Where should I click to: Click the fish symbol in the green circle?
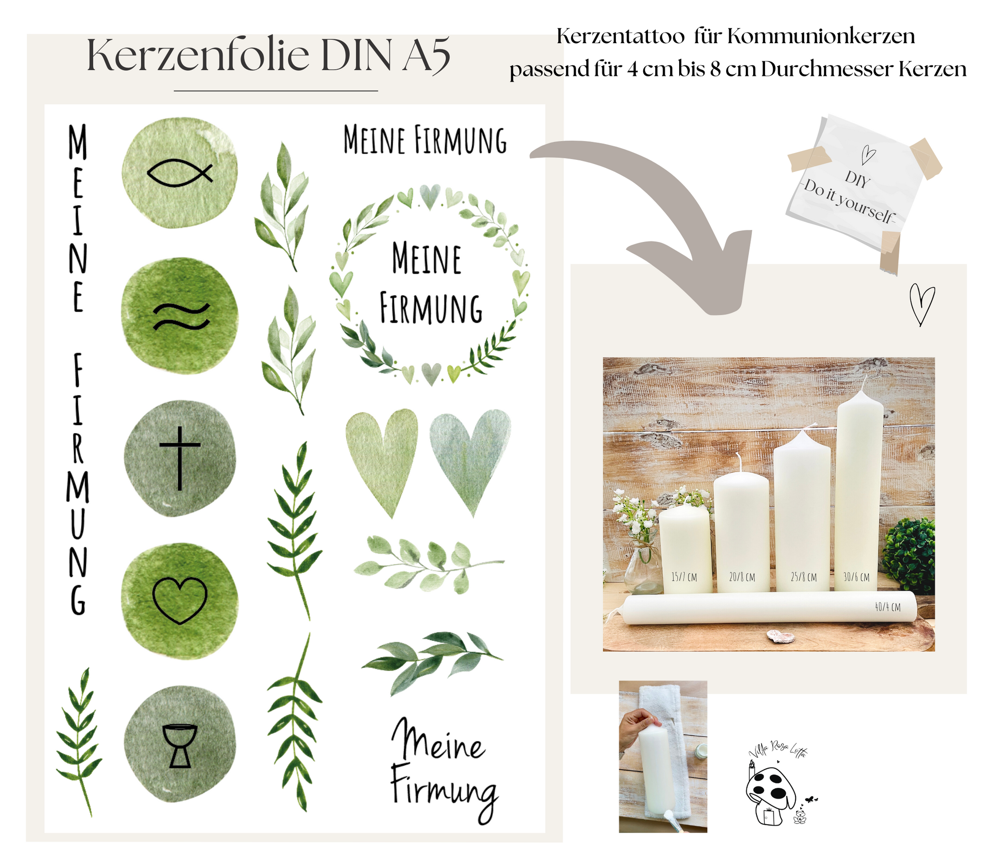[180, 173]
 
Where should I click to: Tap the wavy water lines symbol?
[181, 316]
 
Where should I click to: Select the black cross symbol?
[180, 458]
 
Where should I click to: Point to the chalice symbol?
[180, 746]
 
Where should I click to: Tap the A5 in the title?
[426, 56]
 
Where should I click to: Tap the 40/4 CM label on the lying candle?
[887, 607]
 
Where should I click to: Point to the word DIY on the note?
[857, 180]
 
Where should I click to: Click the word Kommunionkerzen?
[821, 36]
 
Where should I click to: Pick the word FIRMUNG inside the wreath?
[431, 308]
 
